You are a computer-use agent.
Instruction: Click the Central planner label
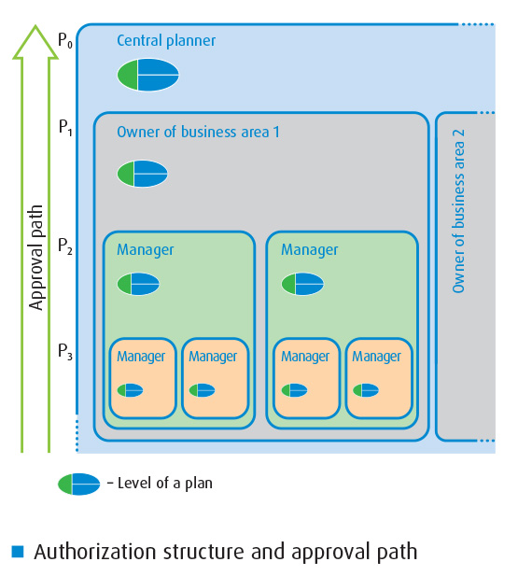pyautogui.click(x=166, y=41)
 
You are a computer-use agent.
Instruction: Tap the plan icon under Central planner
pyautogui.click(x=148, y=75)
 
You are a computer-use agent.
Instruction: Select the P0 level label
pyautogui.click(x=65, y=40)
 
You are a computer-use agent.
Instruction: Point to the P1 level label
pyautogui.click(x=65, y=128)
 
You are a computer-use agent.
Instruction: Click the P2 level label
pyautogui.click(x=65, y=246)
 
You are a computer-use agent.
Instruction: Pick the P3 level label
pyautogui.click(x=65, y=352)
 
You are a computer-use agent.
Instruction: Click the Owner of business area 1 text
pyautogui.click(x=198, y=132)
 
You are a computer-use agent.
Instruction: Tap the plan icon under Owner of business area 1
pyautogui.click(x=142, y=174)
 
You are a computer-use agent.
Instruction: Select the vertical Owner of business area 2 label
pyautogui.click(x=458, y=211)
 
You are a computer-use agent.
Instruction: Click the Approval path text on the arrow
pyautogui.click(x=36, y=258)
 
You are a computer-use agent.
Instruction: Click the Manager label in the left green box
pyautogui.click(x=145, y=250)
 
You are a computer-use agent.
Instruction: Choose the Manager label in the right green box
pyautogui.click(x=309, y=250)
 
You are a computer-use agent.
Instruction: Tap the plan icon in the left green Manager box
pyautogui.click(x=138, y=284)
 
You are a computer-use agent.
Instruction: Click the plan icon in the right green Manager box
pyautogui.click(x=302, y=284)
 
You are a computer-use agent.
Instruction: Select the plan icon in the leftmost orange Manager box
pyautogui.click(x=130, y=390)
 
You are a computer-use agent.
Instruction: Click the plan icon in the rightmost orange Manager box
pyautogui.click(x=366, y=390)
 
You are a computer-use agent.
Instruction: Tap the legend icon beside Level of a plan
pyautogui.click(x=79, y=485)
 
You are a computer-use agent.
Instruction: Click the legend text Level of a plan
pyautogui.click(x=160, y=484)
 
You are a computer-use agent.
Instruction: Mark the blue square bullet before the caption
pyautogui.click(x=18, y=552)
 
